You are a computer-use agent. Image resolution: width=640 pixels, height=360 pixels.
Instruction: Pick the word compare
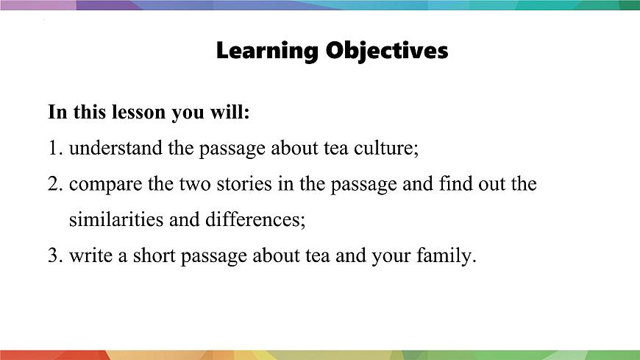[105, 184]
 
